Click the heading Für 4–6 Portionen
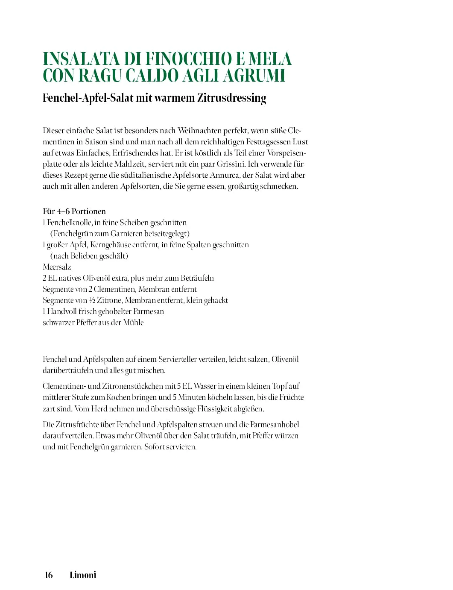pyautogui.click(x=74, y=211)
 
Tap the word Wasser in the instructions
pyautogui.click(x=203, y=386)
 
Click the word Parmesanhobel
pyautogui.click(x=275, y=424)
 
